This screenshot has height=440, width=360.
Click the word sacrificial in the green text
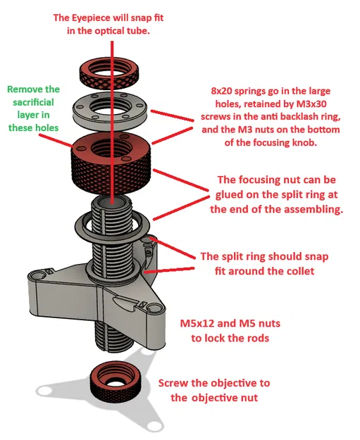point(34,102)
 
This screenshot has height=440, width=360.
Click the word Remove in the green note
point(25,89)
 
